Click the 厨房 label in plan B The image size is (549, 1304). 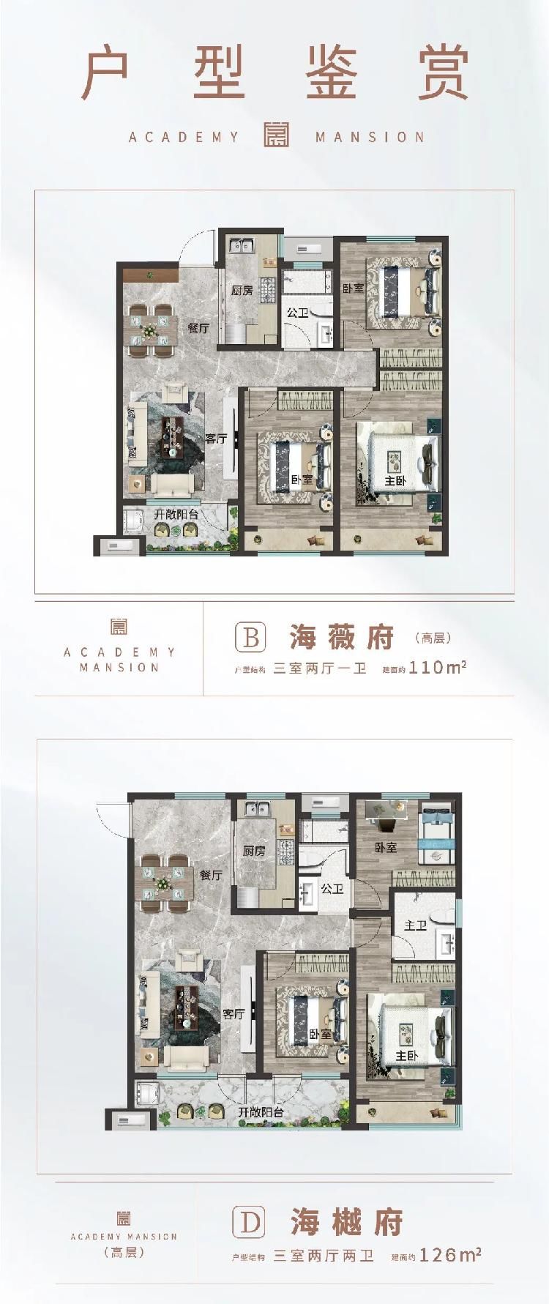[x=242, y=290]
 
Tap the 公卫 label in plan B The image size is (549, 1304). [x=296, y=313]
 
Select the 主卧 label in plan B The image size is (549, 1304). [x=395, y=481]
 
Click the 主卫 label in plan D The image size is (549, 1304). [x=415, y=925]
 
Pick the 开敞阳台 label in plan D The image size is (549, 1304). [x=261, y=1112]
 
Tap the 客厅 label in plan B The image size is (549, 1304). [x=216, y=439]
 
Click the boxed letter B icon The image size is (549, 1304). [x=250, y=637]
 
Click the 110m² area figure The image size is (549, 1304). [x=438, y=667]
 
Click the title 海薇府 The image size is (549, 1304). [x=341, y=638]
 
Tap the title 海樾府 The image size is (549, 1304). [x=346, y=1222]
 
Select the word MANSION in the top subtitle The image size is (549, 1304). [x=370, y=137]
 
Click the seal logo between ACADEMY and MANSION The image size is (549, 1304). [x=277, y=134]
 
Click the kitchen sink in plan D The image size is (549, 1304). [x=259, y=809]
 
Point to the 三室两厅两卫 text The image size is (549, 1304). [x=324, y=1256]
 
